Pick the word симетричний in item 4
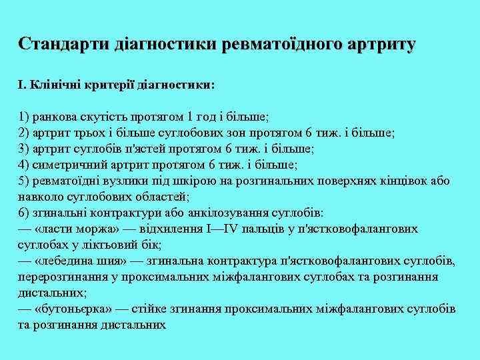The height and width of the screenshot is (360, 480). point(61,165)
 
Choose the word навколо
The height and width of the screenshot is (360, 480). point(39,197)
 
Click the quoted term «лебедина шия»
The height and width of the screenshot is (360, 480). point(80,261)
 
